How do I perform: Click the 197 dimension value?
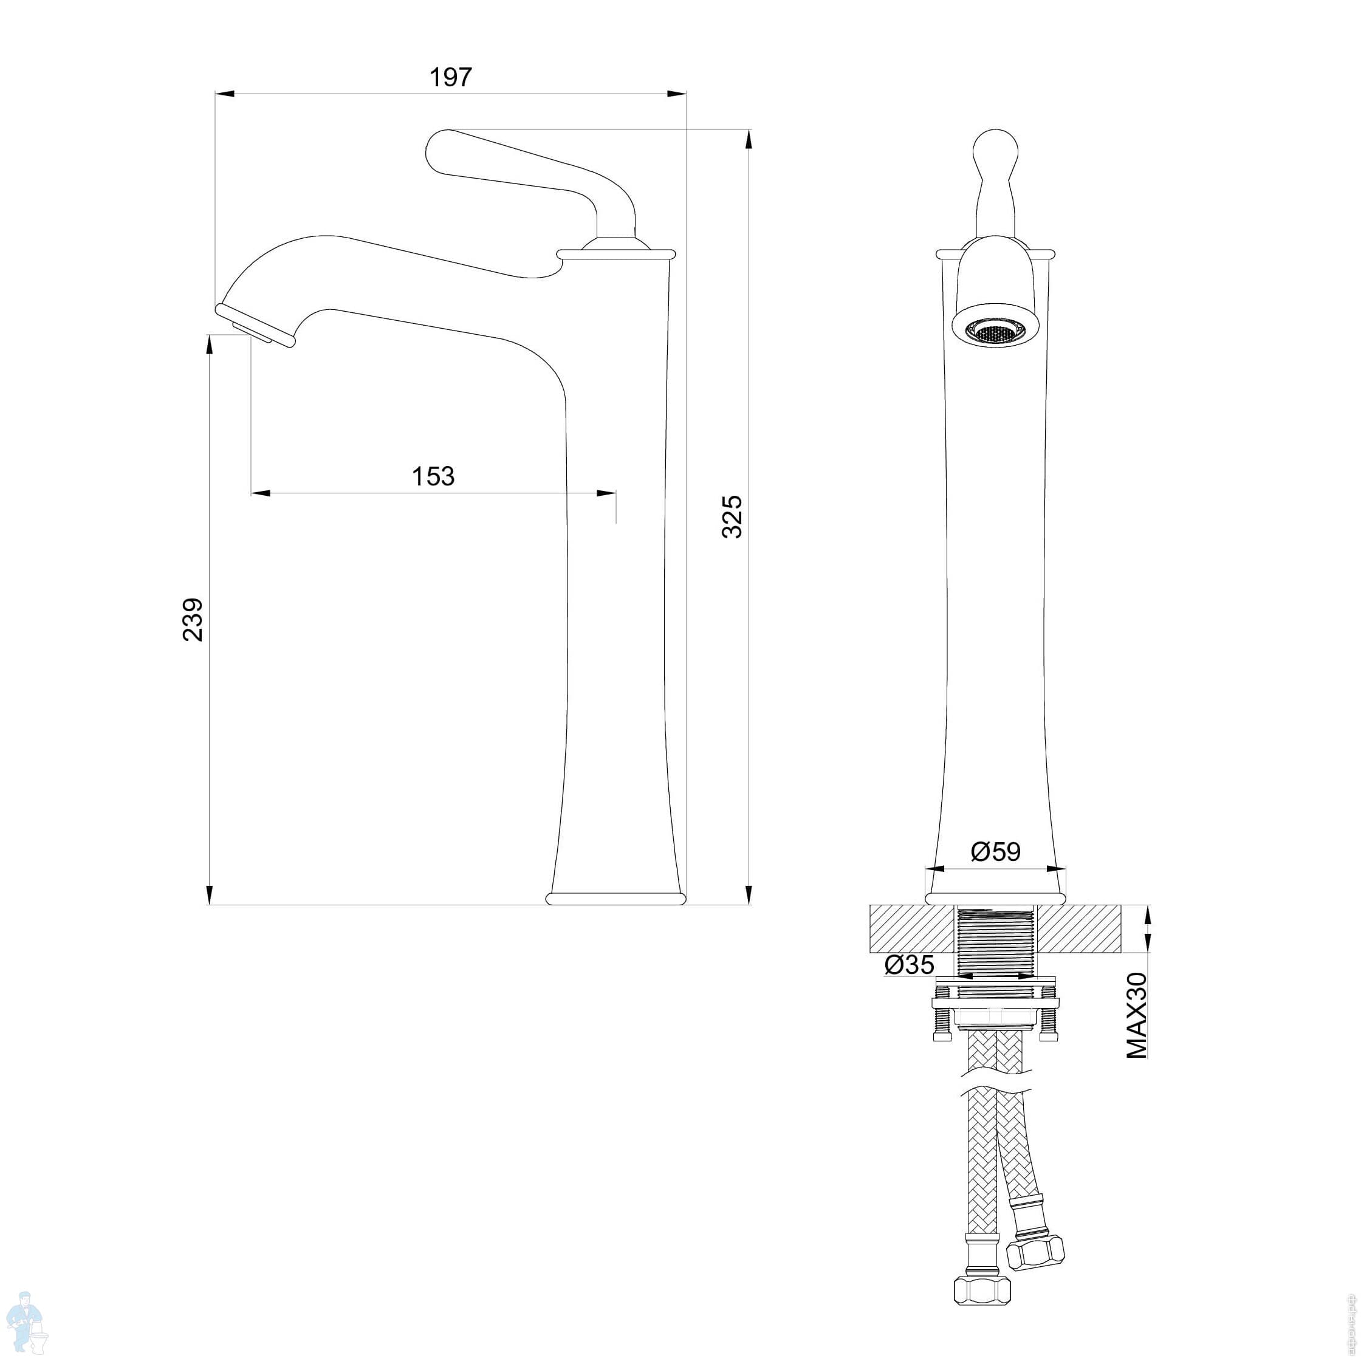click(451, 78)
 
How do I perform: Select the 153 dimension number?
click(433, 477)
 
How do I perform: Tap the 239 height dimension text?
click(193, 619)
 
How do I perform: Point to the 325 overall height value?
click(732, 516)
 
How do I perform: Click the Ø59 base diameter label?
click(995, 852)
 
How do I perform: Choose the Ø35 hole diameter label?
click(910, 964)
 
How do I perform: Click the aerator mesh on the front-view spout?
click(995, 332)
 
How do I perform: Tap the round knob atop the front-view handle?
click(995, 150)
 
